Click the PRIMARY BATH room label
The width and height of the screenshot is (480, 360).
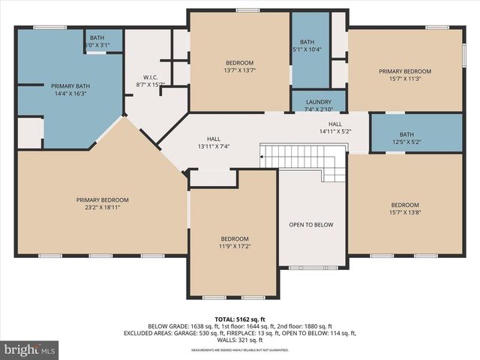69,86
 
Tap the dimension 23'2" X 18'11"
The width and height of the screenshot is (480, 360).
103,208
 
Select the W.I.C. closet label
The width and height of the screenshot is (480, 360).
149,76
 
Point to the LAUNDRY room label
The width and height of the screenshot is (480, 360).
318,102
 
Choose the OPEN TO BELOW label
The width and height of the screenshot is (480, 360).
311,225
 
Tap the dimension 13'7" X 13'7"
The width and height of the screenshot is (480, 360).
239,70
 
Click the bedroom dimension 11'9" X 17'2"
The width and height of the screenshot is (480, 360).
234,246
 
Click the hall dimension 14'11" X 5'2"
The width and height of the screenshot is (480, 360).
335,132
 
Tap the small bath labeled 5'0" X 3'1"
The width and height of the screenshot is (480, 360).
97,45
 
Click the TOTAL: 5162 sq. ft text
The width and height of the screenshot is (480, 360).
240,319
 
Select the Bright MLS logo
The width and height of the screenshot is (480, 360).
30,349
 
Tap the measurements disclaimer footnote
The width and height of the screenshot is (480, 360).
240,350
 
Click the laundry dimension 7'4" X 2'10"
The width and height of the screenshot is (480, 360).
318,109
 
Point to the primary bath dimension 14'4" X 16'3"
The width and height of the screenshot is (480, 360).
69,94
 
